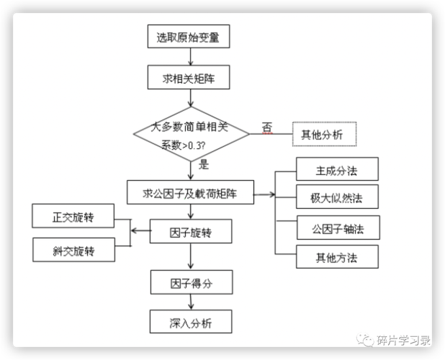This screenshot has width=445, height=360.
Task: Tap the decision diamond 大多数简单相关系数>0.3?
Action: point(190,135)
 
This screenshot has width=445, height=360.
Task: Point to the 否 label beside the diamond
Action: point(267,126)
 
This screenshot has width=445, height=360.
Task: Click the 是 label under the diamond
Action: point(203,164)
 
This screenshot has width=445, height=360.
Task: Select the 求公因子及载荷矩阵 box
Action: point(190,192)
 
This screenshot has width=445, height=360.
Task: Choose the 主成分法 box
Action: point(337,171)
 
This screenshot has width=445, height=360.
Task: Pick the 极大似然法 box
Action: point(337,198)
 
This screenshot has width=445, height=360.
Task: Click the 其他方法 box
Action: point(337,256)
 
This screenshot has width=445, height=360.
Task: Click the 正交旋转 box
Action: point(73,216)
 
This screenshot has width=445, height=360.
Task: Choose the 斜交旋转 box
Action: point(73,250)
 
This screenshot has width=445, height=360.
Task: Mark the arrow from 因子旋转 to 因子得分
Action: point(191,256)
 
